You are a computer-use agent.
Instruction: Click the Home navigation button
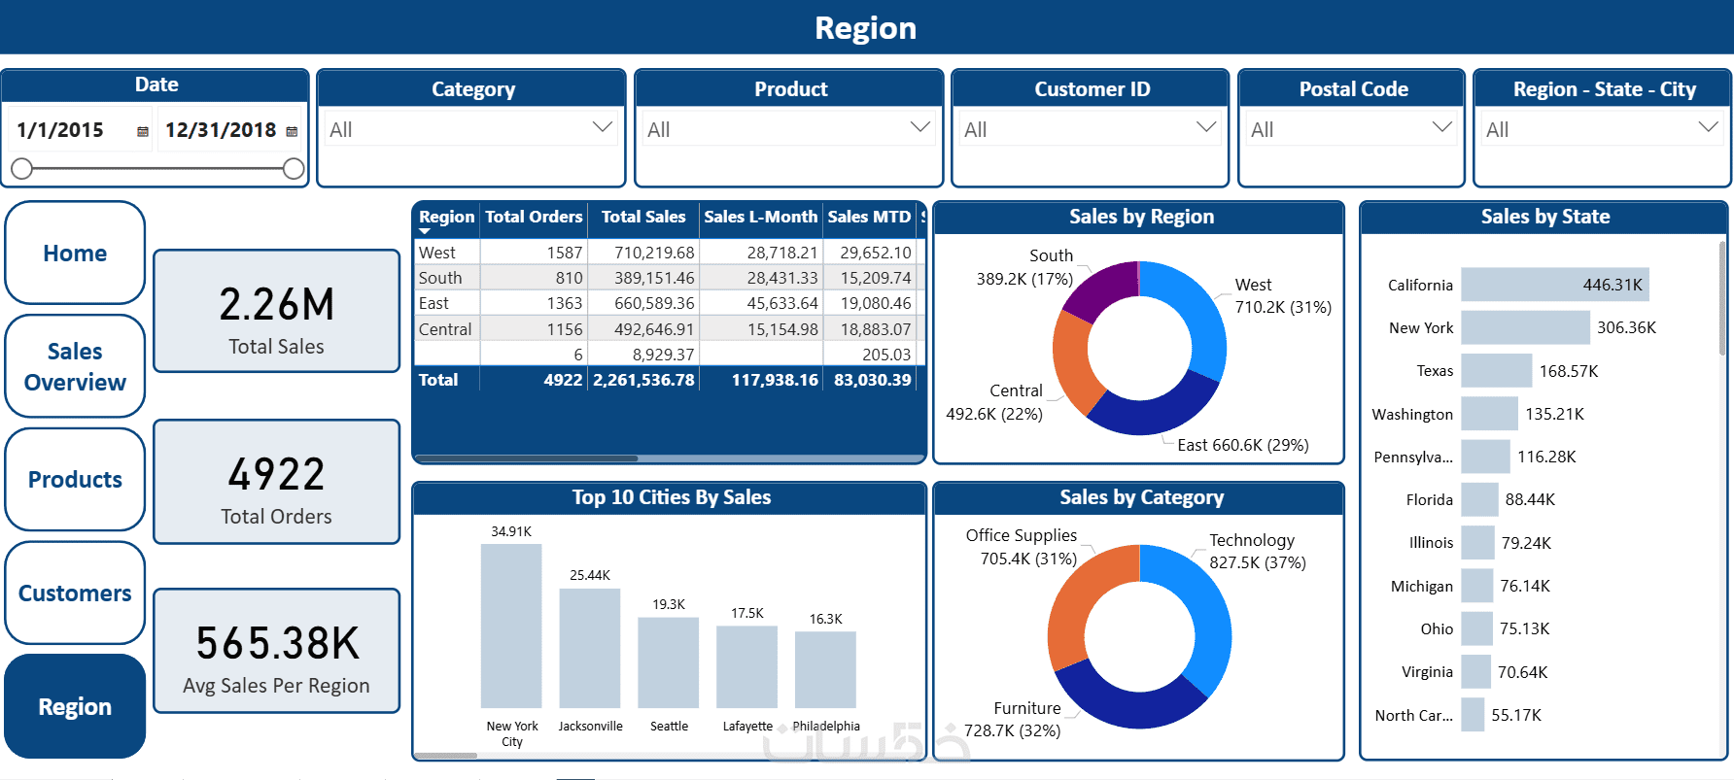tap(75, 254)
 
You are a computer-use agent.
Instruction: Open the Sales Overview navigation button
tap(75, 366)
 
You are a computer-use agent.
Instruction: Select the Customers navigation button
tap(75, 593)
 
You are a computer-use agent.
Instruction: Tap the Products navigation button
tap(75, 480)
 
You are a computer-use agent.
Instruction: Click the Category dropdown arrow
tap(603, 127)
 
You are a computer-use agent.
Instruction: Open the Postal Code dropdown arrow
tap(1442, 127)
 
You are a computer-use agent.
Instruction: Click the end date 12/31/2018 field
tap(221, 130)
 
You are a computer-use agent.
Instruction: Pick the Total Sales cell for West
tap(654, 253)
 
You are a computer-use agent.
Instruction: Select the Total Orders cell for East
tap(564, 304)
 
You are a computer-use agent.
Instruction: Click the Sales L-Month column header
tap(760, 217)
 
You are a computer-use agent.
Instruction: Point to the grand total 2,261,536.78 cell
tap(643, 380)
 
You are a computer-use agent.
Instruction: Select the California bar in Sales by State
tap(1554, 285)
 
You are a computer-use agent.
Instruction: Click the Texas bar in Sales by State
tap(1496, 371)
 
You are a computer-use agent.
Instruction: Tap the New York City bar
tap(511, 627)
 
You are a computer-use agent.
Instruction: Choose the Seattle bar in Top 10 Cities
tap(668, 662)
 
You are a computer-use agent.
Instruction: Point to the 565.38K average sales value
tap(277, 643)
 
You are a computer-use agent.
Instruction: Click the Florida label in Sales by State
tap(1429, 500)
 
